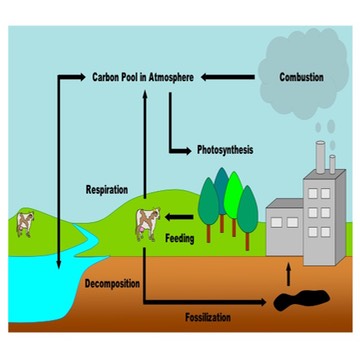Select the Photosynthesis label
click(224, 150)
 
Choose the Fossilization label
click(211, 317)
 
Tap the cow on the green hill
click(148, 223)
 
